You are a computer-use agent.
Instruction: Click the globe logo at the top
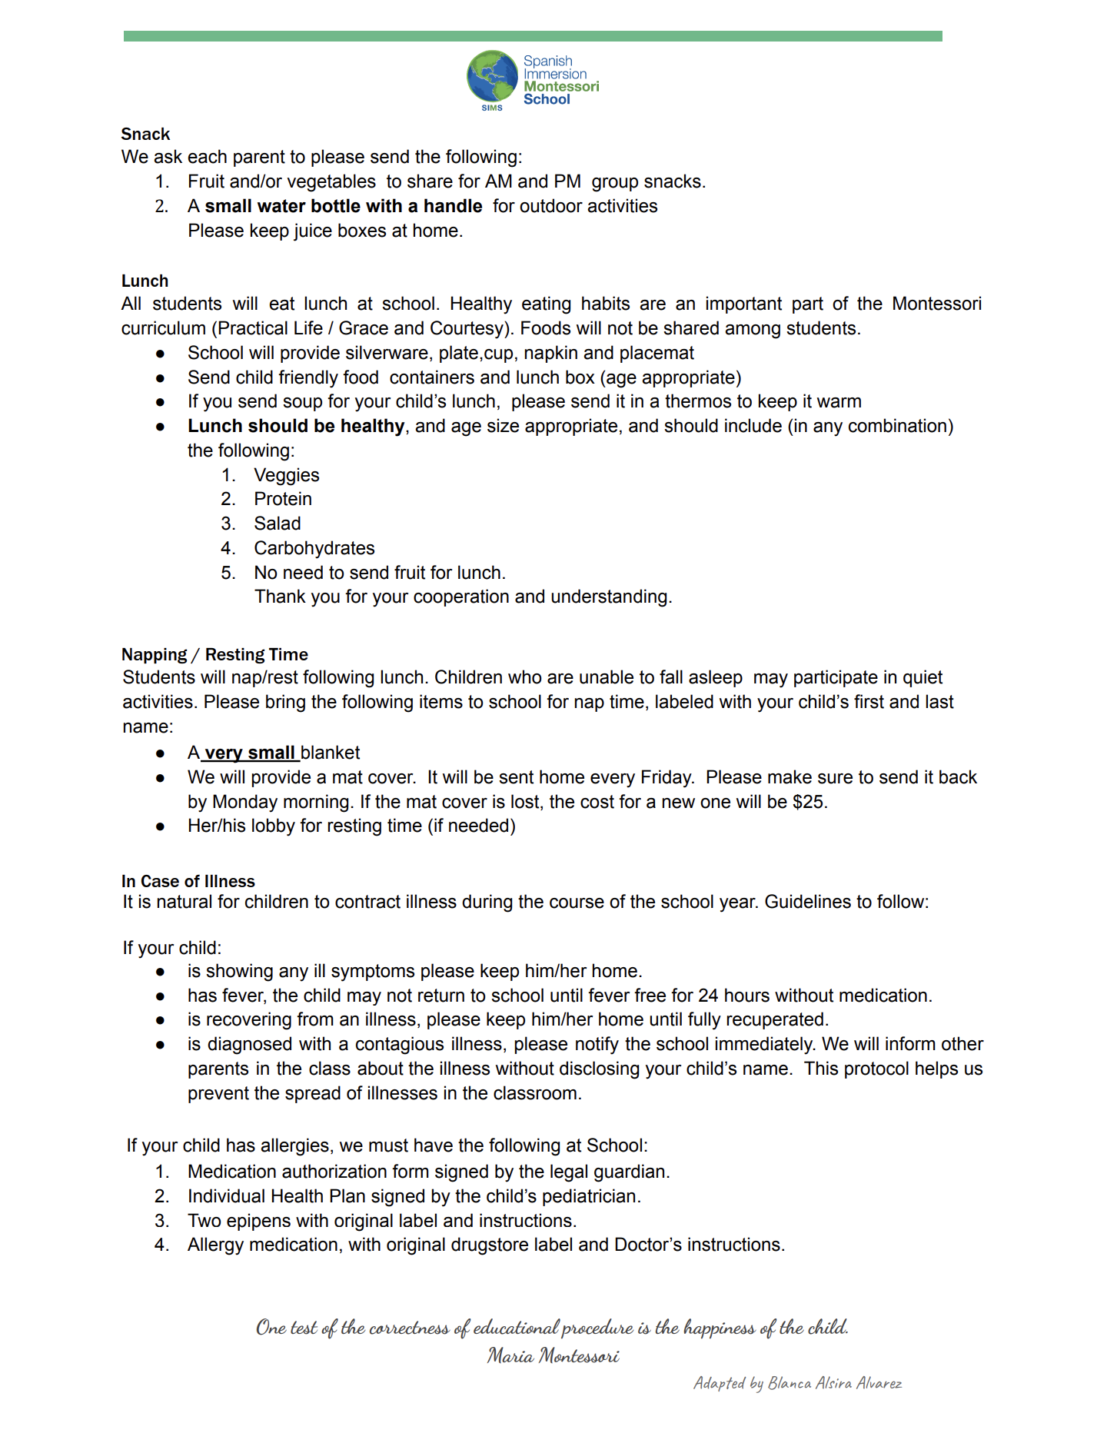[493, 77]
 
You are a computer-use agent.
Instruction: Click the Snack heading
[145, 135]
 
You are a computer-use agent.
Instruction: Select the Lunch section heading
[145, 281]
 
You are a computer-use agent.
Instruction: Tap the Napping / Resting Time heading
[214, 655]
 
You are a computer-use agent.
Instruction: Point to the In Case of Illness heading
[188, 881]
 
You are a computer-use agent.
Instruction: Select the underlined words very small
[250, 753]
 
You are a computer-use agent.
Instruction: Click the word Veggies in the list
[287, 475]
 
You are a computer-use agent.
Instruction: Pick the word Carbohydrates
[314, 548]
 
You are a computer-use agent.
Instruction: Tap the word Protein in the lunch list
[283, 499]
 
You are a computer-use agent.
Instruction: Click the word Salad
[278, 524]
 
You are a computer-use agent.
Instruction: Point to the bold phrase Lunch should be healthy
[296, 426]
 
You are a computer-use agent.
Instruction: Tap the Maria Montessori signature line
[553, 1355]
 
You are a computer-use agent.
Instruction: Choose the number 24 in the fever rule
[708, 996]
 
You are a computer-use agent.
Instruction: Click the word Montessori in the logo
[561, 87]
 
